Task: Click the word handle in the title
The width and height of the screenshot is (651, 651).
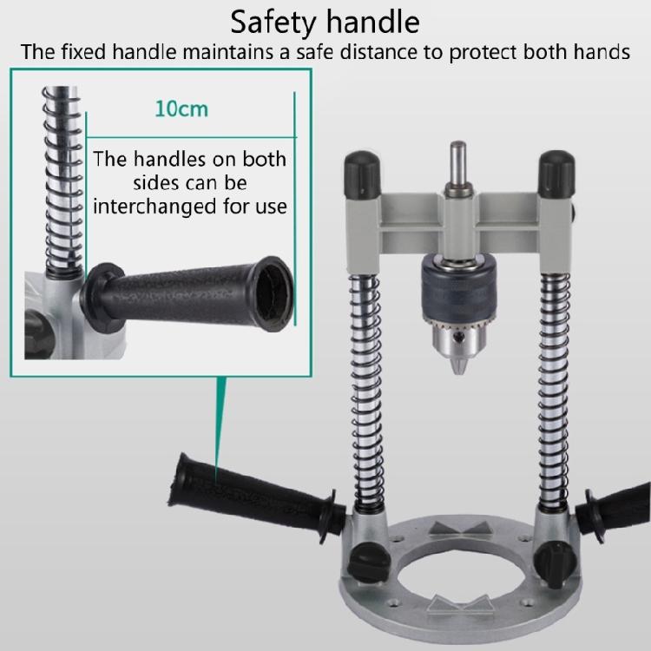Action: (378, 21)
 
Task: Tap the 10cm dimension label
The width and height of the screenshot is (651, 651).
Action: (181, 110)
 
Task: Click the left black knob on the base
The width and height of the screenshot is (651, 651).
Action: (364, 565)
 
